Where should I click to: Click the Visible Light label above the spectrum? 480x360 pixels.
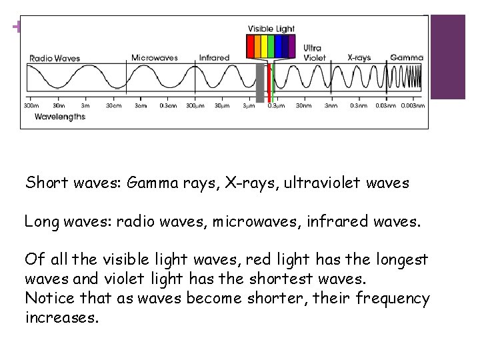click(x=271, y=29)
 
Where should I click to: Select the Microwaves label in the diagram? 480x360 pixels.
click(x=155, y=57)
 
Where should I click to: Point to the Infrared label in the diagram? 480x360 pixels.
click(x=214, y=57)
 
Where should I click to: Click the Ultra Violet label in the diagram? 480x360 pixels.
click(x=313, y=53)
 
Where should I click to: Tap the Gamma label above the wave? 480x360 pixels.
click(x=406, y=57)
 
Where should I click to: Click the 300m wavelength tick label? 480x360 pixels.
click(x=31, y=106)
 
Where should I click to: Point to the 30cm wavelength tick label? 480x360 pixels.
click(x=114, y=106)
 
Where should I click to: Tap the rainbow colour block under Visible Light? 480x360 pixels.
click(x=271, y=47)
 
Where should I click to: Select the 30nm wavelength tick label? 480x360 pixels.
click(x=303, y=106)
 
